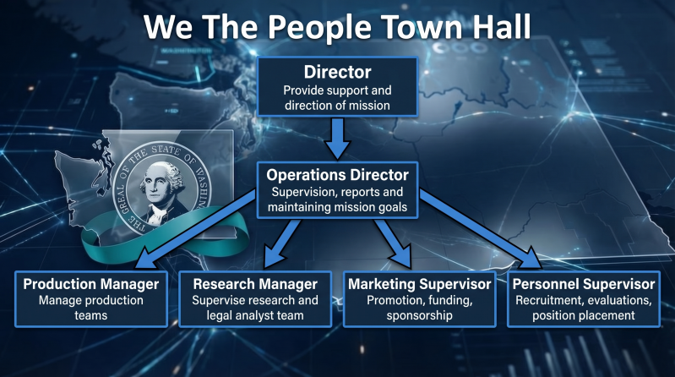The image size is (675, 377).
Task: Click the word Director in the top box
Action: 338,72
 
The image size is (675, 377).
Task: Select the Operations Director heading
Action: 338,175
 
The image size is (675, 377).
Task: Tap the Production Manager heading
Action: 91,284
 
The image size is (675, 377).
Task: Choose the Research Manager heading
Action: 255,284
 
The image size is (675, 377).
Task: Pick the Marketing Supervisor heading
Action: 420,284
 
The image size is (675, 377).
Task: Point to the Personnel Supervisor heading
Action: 584,284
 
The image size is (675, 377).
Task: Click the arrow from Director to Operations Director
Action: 338,139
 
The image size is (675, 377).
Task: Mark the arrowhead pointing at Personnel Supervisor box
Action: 529,259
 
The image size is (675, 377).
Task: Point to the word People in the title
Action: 320,27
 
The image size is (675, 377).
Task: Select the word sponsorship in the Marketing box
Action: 420,315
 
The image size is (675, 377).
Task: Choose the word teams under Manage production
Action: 91,315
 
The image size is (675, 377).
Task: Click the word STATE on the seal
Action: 166,150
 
